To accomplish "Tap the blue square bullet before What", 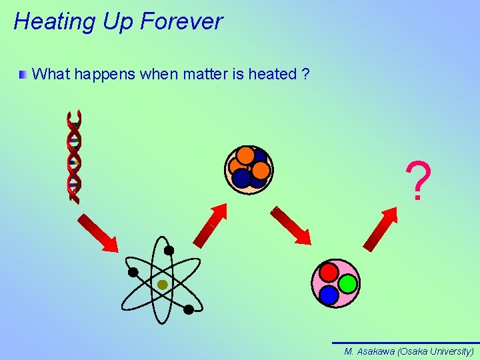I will click(23, 74).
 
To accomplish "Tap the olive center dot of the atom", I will click(162, 285).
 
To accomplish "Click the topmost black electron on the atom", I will click(169, 251).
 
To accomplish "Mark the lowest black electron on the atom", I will click(189, 309).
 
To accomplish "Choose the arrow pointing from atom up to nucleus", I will click(211, 225).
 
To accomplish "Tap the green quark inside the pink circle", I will click(347, 283).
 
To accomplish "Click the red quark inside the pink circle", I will click(329, 272).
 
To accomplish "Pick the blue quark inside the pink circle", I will click(329, 294).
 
